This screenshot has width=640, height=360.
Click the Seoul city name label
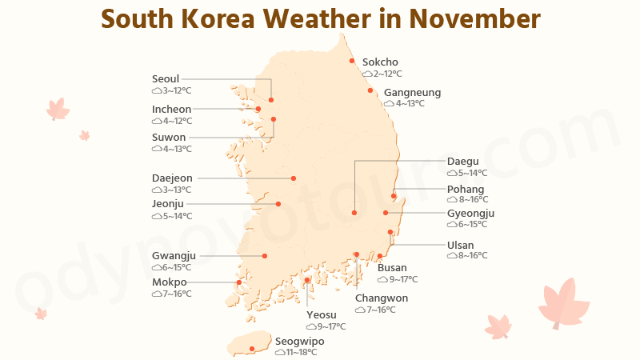click(x=166, y=79)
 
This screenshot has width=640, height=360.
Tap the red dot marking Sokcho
click(x=352, y=61)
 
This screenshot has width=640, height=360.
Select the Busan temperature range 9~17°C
click(x=403, y=280)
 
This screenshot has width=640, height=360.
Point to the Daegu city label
click(x=462, y=162)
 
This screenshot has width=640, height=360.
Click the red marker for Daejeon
click(x=294, y=178)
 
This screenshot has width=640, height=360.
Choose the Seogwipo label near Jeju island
click(x=300, y=341)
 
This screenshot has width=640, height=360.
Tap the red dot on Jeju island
click(x=252, y=348)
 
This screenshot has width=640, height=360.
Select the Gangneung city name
click(x=412, y=93)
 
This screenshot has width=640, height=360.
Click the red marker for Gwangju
click(x=265, y=256)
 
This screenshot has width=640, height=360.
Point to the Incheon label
click(x=171, y=110)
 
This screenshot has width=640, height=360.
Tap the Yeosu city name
click(x=322, y=315)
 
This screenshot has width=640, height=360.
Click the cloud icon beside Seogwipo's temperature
click(x=280, y=352)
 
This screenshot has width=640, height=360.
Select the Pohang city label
click(x=466, y=190)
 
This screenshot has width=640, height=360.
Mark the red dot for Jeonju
click(x=278, y=204)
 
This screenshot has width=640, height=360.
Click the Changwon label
click(x=382, y=298)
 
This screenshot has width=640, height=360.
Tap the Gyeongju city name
click(x=471, y=214)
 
